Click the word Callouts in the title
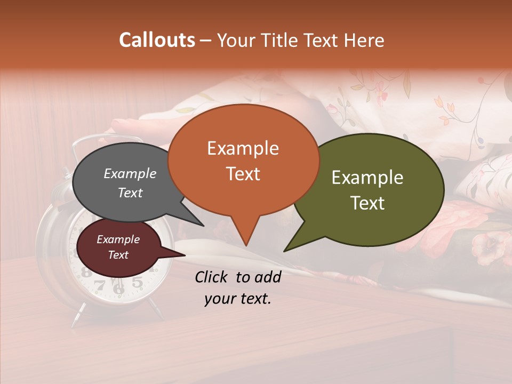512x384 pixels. (157, 40)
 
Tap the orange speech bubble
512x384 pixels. (243, 160)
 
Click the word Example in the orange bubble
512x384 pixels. (243, 148)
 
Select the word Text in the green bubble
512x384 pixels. (368, 203)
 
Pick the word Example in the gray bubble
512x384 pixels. (130, 174)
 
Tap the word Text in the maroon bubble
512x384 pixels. (118, 255)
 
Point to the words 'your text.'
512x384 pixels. (238, 299)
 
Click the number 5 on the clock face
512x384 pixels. (137, 282)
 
